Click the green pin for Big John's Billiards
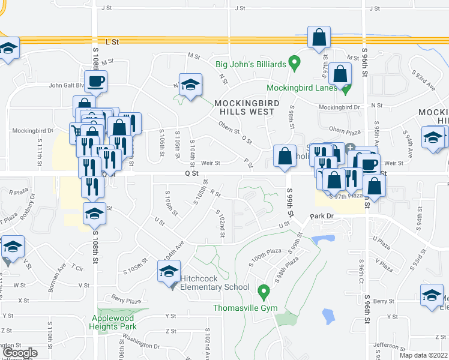coord(294,62)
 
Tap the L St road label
coord(112,41)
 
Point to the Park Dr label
coord(321,215)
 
